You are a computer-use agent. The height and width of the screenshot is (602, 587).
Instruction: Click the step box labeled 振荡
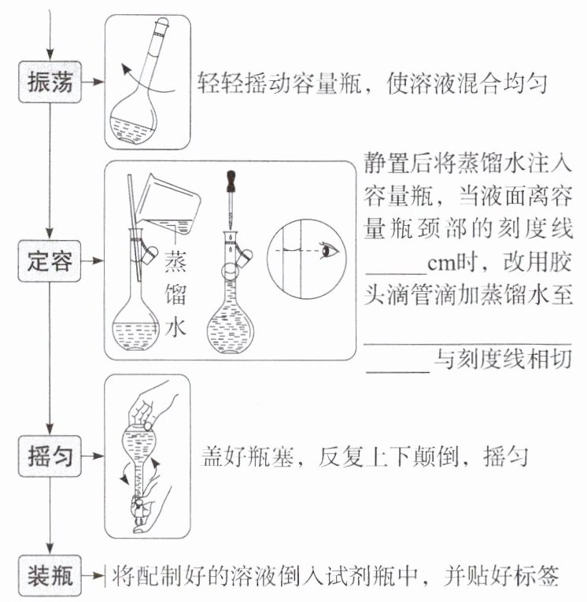pos(50,83)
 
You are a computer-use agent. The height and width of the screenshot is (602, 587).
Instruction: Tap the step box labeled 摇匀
pos(50,456)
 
